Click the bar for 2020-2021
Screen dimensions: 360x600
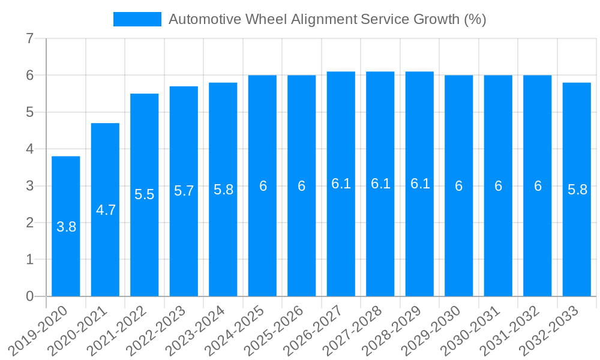pyautogui.click(x=105, y=252)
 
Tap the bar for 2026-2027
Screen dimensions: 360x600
pyautogui.click(x=341, y=240)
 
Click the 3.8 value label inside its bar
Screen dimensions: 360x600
pyautogui.click(x=66, y=227)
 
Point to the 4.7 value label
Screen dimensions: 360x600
pyautogui.click(x=106, y=210)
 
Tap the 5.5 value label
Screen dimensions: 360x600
pyautogui.click(x=145, y=194)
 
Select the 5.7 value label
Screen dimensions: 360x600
pyautogui.click(x=184, y=191)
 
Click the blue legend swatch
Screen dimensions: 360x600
pyautogui.click(x=137, y=19)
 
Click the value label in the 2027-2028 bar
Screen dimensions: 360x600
pyautogui.click(x=380, y=184)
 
